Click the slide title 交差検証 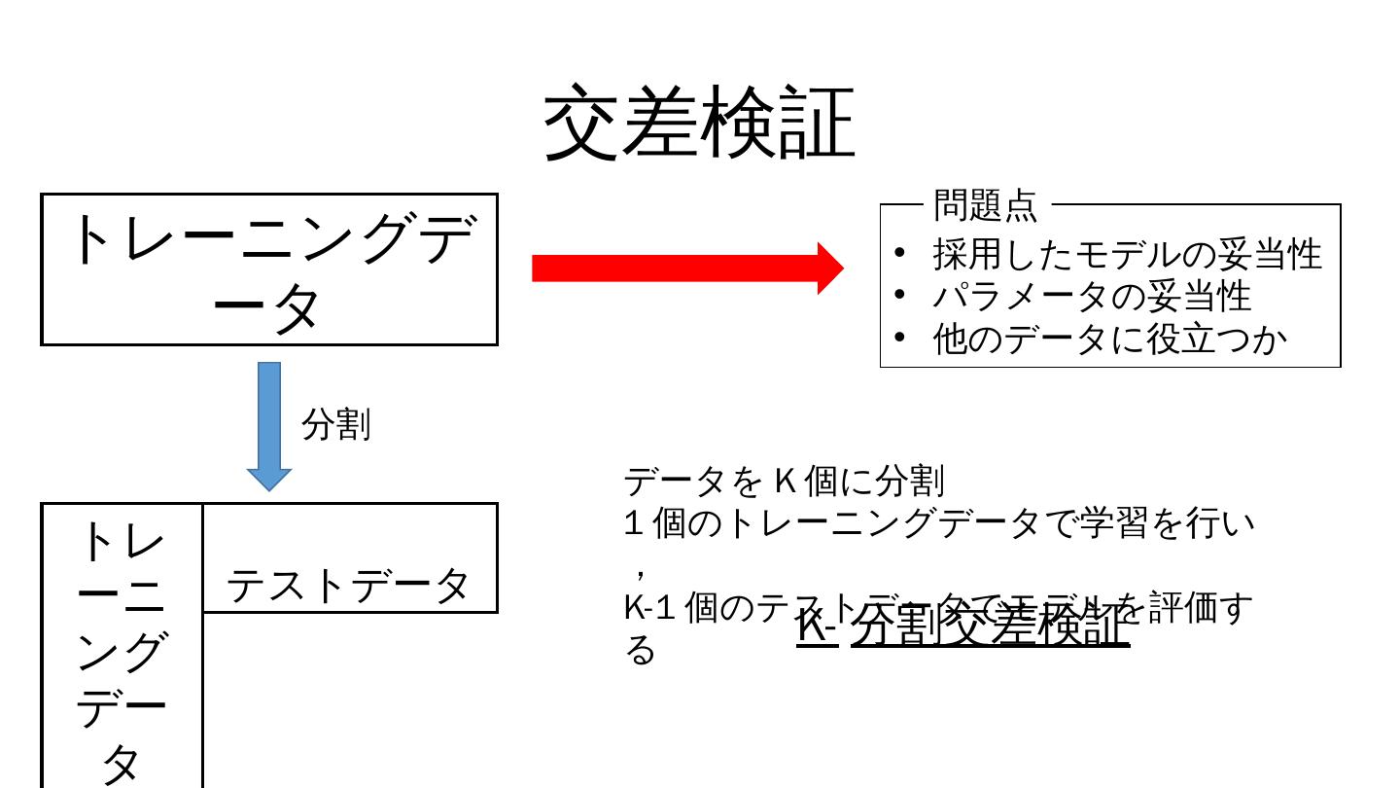[x=699, y=123]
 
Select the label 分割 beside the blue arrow [x=336, y=425]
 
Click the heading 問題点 [x=985, y=205]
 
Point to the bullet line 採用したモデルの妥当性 [x=1127, y=254]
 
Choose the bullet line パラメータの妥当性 [x=1091, y=296]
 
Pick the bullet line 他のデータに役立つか [x=1109, y=339]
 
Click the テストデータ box [x=348, y=585]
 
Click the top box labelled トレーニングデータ [x=269, y=269]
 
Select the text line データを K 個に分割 [x=784, y=481]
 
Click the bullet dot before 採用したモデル [x=899, y=253]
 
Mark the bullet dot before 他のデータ [x=899, y=338]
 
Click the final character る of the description [x=640, y=650]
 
